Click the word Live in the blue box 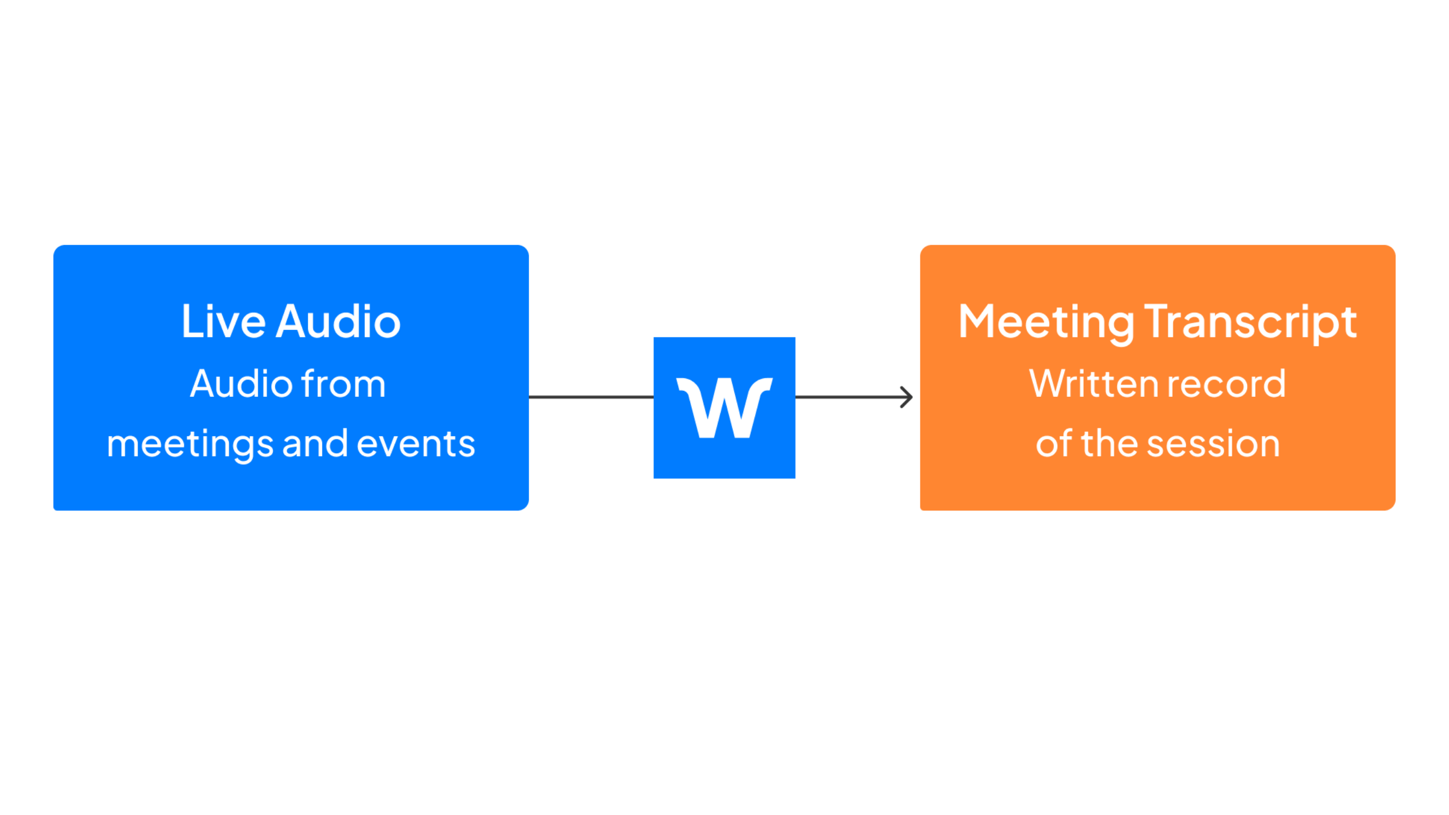click(x=223, y=322)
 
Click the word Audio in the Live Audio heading click(x=337, y=322)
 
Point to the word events click(x=415, y=444)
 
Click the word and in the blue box click(x=315, y=444)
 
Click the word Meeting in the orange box click(x=1046, y=322)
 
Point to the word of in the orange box click(x=1054, y=444)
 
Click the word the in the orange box click(x=1109, y=444)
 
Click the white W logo click(x=724, y=407)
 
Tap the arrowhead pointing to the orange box click(x=906, y=397)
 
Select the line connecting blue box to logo click(x=591, y=397)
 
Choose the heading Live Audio click(x=291, y=322)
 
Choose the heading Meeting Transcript click(x=1157, y=322)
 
